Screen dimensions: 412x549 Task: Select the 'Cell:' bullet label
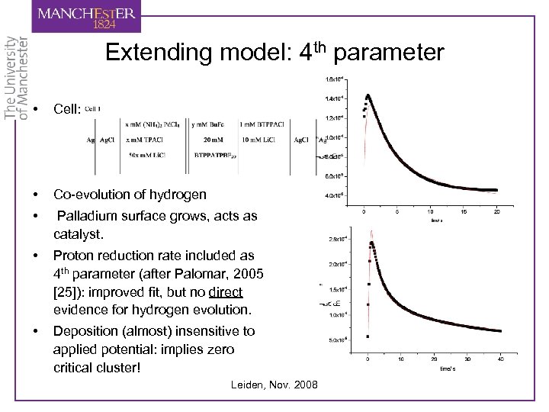[66, 110]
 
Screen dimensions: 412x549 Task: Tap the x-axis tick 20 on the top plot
[496, 211]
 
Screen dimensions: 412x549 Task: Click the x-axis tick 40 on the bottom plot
[500, 359]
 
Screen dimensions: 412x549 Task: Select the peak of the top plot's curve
[368, 95]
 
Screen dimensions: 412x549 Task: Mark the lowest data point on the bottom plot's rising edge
[368, 336]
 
